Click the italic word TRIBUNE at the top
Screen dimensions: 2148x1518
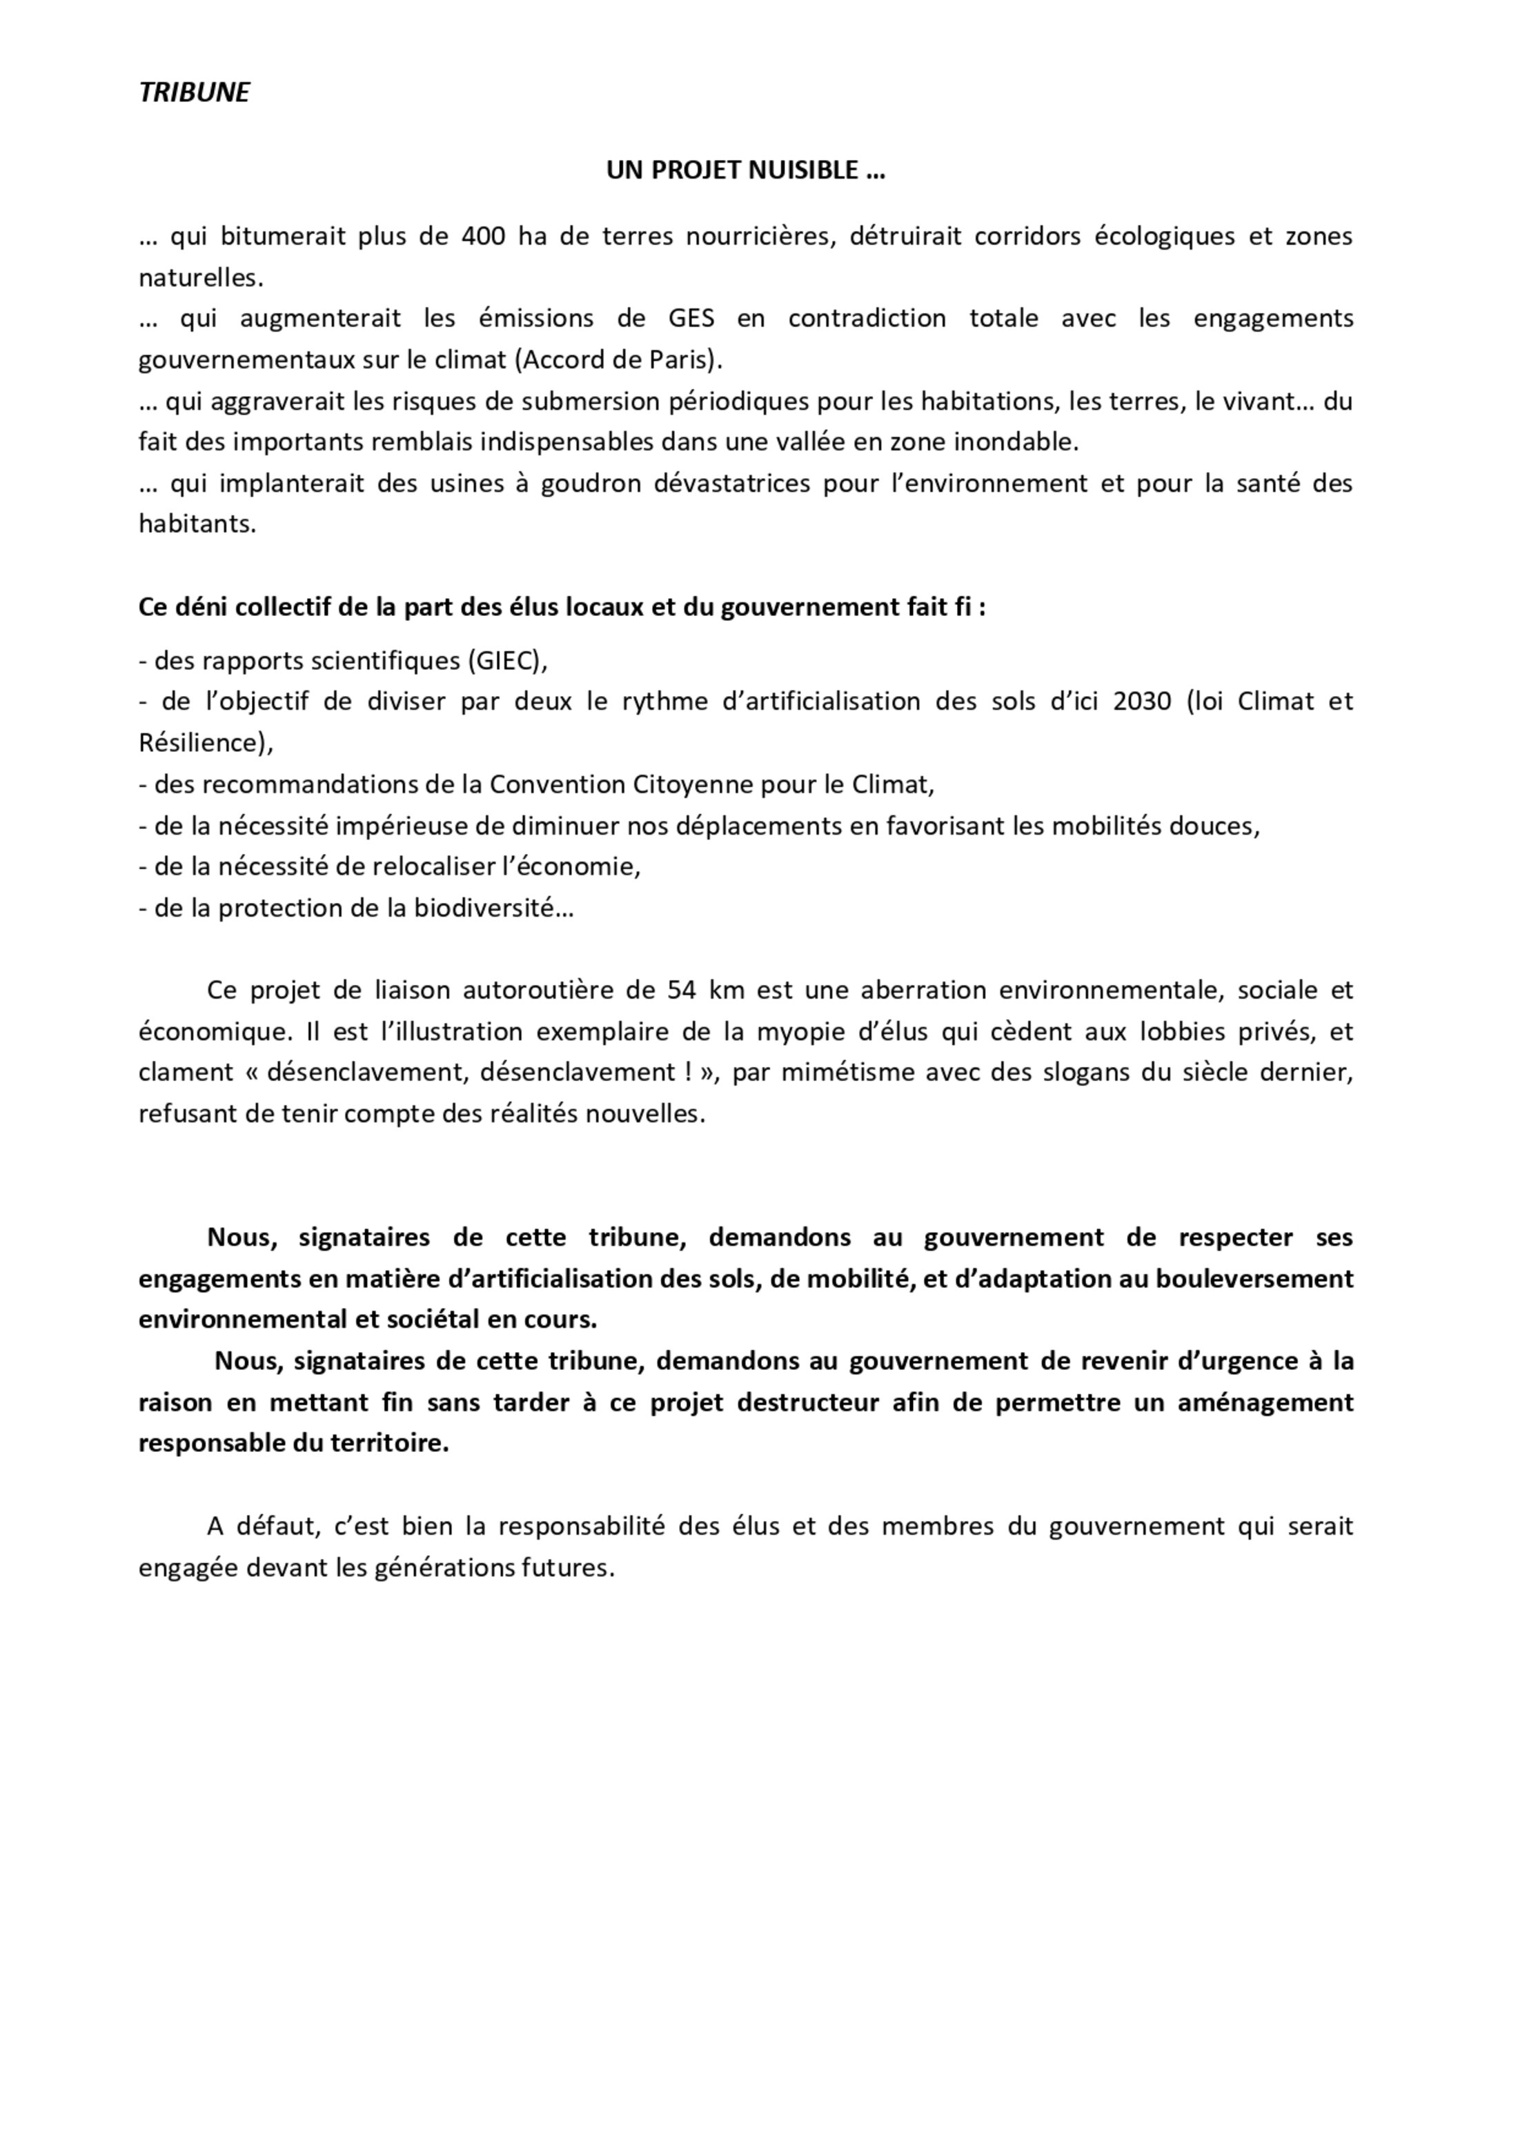[194, 92]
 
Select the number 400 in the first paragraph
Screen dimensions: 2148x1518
[483, 236]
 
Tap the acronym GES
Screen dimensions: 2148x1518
[691, 318]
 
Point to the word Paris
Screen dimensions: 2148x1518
[680, 359]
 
